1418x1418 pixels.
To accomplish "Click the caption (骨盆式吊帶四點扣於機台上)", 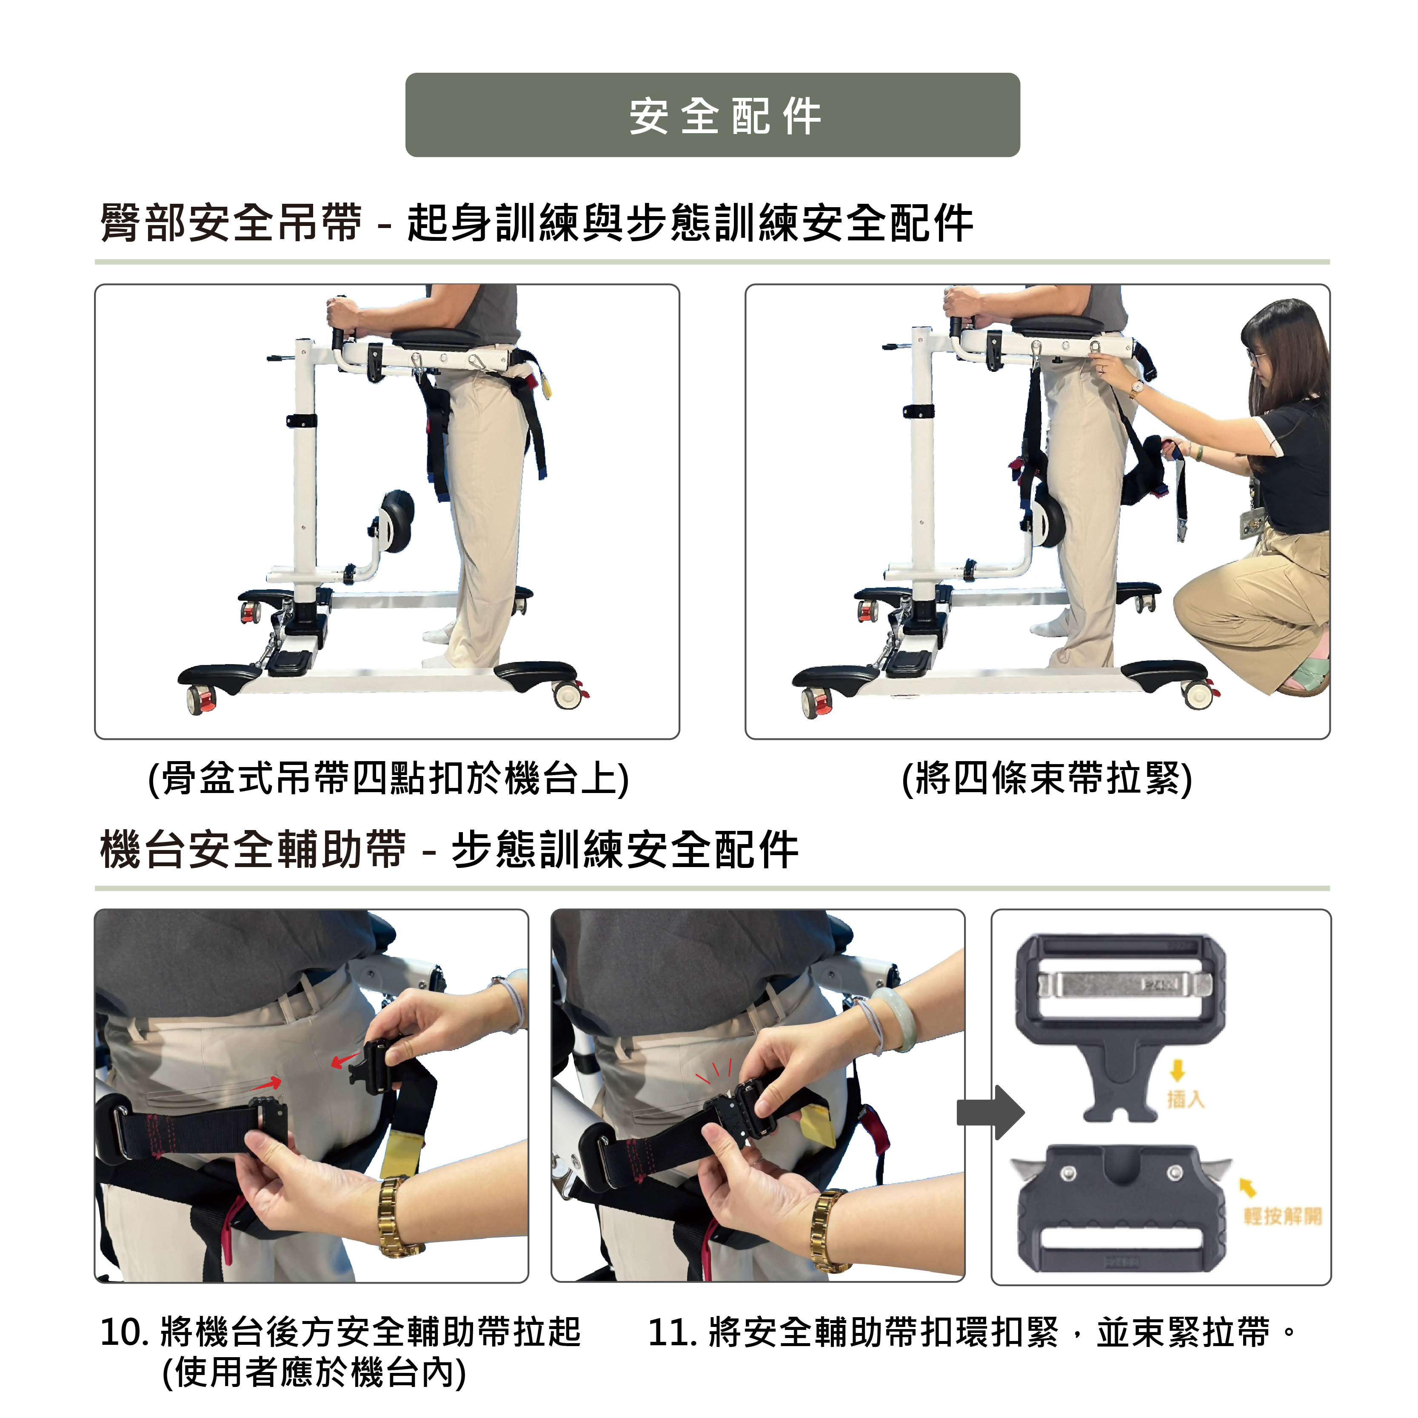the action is (x=388, y=779).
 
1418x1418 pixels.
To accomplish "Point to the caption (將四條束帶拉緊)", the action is (x=1047, y=779).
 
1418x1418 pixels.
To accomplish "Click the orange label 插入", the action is (x=1186, y=1099).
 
